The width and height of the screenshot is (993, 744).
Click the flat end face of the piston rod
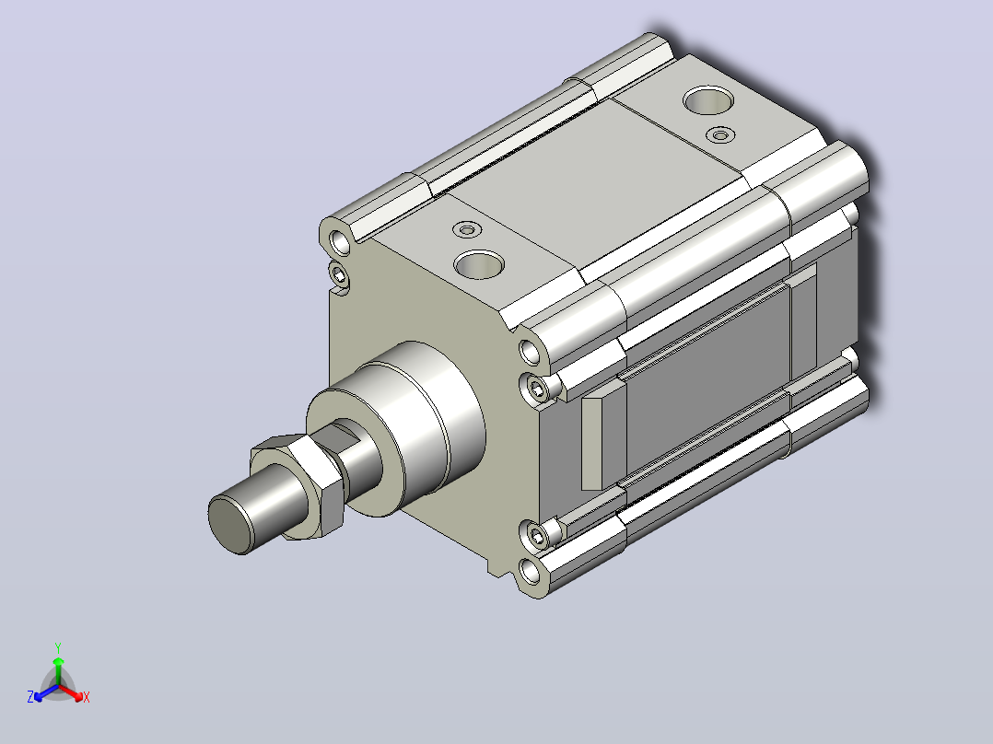229,524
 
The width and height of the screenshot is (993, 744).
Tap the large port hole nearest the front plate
479,264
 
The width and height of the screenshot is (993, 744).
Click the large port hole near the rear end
708,100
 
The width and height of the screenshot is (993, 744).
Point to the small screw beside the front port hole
467,229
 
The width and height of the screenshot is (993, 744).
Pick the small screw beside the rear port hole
720,134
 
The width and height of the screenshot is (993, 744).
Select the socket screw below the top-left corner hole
340,274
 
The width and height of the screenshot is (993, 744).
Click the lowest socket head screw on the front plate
538,537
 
